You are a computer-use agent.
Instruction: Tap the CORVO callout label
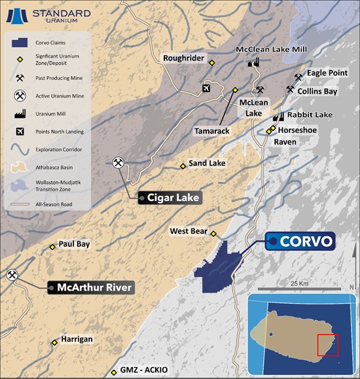pyautogui.click(x=300, y=242)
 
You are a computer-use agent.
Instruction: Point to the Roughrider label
pyautogui.click(x=183, y=56)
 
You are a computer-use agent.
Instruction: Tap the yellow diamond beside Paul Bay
pyautogui.click(x=52, y=247)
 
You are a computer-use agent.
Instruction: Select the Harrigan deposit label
pyautogui.click(x=77, y=340)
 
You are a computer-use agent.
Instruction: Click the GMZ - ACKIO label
pyautogui.click(x=145, y=370)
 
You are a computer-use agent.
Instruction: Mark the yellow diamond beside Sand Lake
pyautogui.click(x=183, y=166)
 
